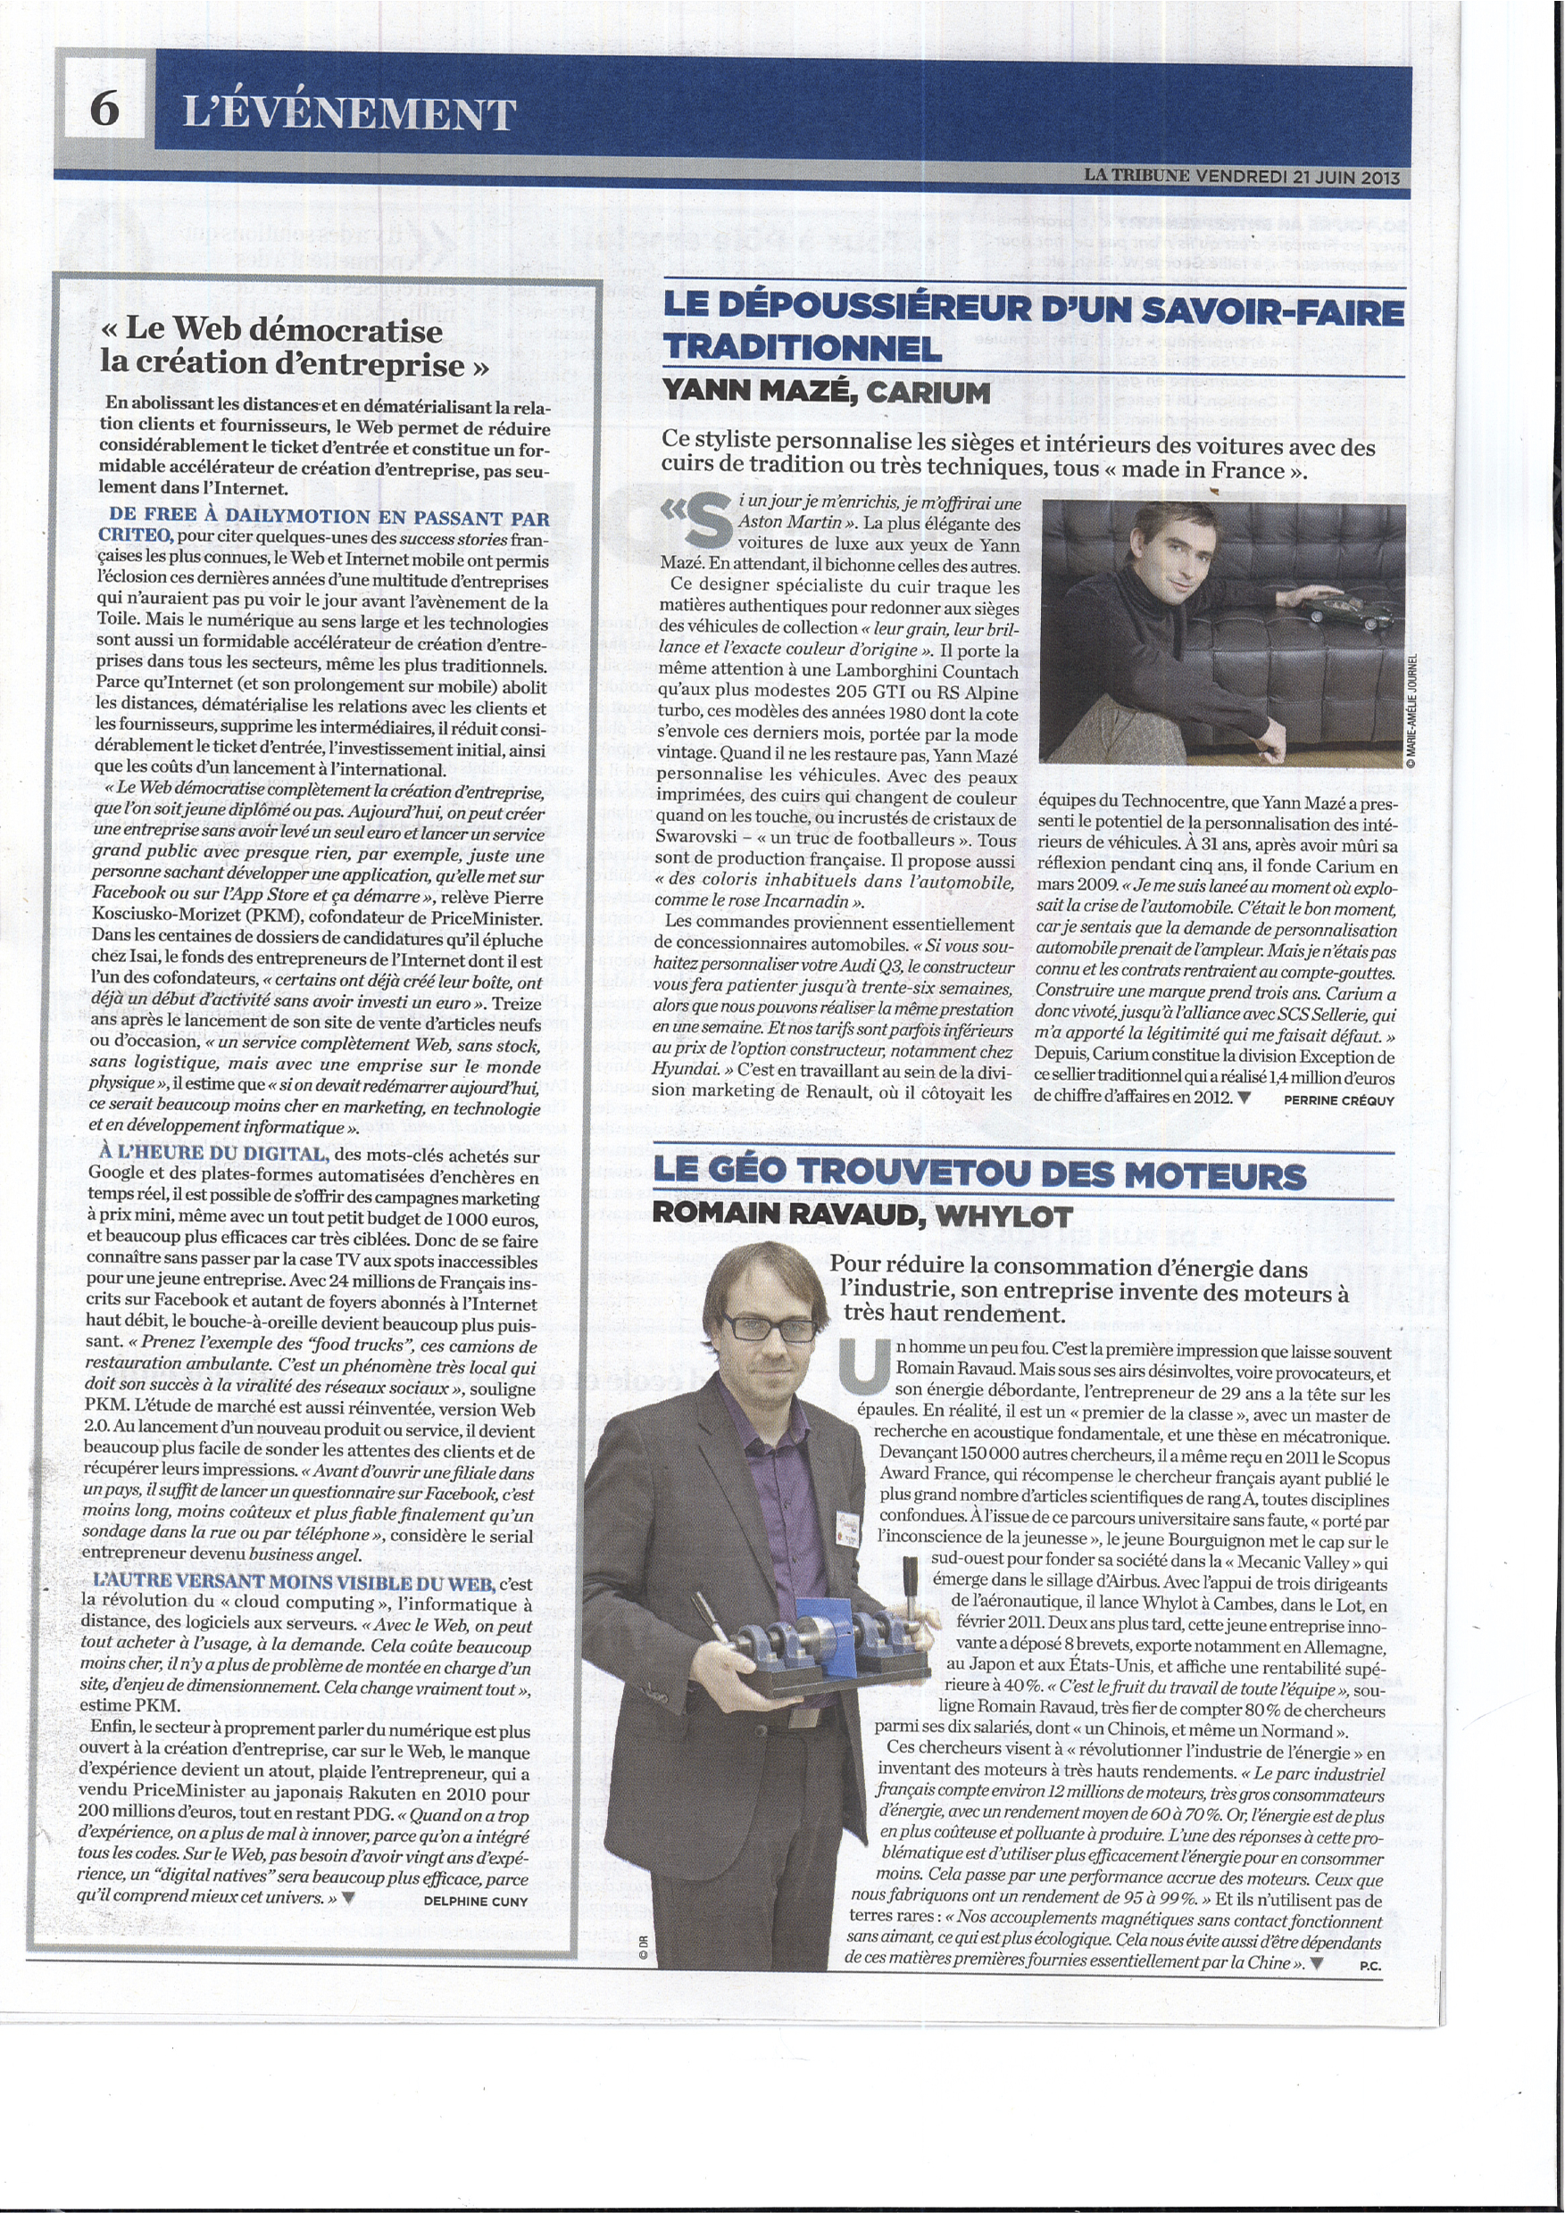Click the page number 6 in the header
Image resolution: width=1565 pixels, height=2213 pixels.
pos(104,106)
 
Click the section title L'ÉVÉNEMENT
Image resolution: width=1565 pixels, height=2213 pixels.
pos(349,113)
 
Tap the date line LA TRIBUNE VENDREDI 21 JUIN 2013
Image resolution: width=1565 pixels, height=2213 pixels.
pos(1241,177)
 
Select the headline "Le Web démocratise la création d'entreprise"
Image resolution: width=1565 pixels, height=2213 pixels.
pos(294,347)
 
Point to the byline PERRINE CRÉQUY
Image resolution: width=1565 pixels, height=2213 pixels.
pos(1338,1099)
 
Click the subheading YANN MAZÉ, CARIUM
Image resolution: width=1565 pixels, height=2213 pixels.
pos(827,393)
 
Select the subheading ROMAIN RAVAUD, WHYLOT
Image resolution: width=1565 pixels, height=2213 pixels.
pos(862,1215)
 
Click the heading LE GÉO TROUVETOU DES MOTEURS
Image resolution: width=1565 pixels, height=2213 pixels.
pos(978,1174)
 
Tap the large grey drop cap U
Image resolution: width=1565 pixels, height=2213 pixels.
pos(863,1368)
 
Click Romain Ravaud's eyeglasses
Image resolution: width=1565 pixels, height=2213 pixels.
pos(769,1327)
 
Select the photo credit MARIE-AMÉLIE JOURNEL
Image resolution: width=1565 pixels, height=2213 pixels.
pos(1411,710)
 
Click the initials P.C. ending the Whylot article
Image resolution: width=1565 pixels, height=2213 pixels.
pos(1369,1965)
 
